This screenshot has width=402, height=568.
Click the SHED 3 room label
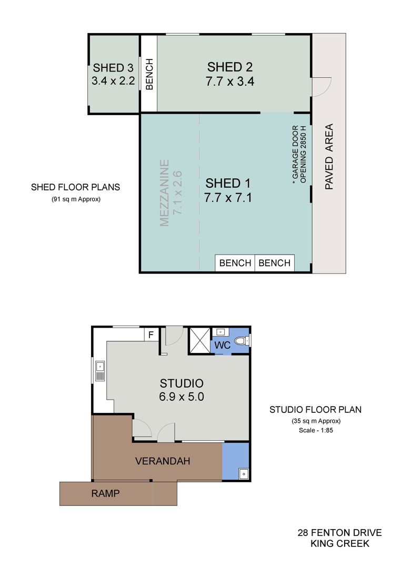(x=113, y=68)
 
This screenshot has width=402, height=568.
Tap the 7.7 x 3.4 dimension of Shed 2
(x=230, y=81)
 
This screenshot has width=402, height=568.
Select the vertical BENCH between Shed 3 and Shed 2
(x=149, y=74)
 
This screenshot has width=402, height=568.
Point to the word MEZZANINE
(x=165, y=193)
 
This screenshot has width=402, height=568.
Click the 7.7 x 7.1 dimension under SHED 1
(x=228, y=198)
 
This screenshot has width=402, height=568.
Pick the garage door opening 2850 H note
(x=299, y=155)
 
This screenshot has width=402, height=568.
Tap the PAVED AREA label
(x=329, y=157)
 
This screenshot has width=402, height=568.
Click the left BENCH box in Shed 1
(x=235, y=263)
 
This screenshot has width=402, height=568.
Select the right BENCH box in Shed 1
(x=275, y=263)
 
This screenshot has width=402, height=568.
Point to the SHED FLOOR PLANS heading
(x=75, y=187)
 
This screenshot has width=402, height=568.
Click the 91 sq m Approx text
(x=76, y=199)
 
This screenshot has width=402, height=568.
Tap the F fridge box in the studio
(x=151, y=334)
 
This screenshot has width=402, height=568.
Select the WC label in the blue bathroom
(x=222, y=345)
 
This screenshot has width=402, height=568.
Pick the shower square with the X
(x=200, y=340)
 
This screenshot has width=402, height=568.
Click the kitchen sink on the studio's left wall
(x=99, y=371)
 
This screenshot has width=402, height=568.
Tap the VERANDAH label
(x=163, y=461)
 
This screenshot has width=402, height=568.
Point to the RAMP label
(x=105, y=493)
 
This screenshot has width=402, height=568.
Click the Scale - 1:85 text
(x=316, y=430)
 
